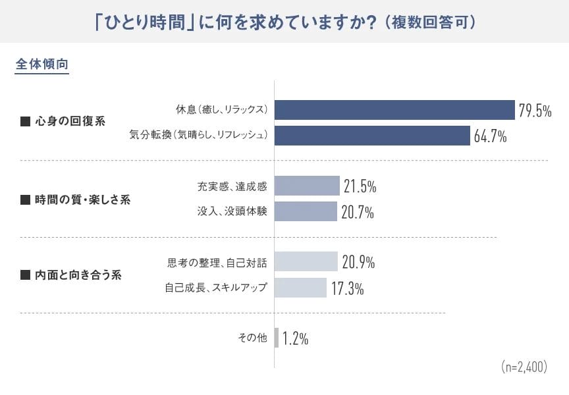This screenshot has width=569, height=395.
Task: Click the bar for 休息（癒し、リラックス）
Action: tap(394, 110)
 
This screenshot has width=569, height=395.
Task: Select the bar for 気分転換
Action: tap(371, 136)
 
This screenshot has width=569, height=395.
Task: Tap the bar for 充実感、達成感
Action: tap(307, 186)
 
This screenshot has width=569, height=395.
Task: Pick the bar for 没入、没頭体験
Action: tap(306, 211)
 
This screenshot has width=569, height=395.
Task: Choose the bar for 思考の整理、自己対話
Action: tap(306, 262)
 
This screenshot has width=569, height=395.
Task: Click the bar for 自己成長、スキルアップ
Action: tap(300, 288)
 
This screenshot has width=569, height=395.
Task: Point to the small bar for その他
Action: tap(277, 338)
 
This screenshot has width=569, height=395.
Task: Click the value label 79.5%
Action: tap(534, 111)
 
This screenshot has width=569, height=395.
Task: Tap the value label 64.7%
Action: tap(489, 136)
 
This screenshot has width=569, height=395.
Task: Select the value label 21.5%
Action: tap(359, 187)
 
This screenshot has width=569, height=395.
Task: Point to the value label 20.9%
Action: tap(358, 263)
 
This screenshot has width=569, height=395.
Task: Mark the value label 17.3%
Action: tap(347, 288)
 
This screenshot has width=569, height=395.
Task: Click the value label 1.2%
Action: tap(295, 338)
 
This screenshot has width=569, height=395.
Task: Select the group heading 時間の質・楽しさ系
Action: tap(82, 199)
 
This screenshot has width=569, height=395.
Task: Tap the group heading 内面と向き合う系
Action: tap(78, 275)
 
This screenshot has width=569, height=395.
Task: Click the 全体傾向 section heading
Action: tap(41, 65)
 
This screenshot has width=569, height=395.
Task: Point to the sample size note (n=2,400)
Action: tap(524, 366)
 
